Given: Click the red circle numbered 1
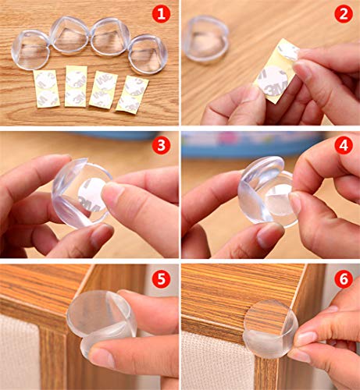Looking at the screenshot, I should click(161, 14).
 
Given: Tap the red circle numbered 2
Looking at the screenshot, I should click(343, 14).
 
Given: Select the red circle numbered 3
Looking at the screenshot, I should click(161, 146).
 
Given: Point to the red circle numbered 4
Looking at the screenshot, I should click(343, 146).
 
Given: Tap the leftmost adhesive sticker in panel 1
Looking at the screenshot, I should click(46, 88).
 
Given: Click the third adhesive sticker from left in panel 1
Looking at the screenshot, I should click(102, 90).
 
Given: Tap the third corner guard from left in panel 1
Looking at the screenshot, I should click(110, 37).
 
